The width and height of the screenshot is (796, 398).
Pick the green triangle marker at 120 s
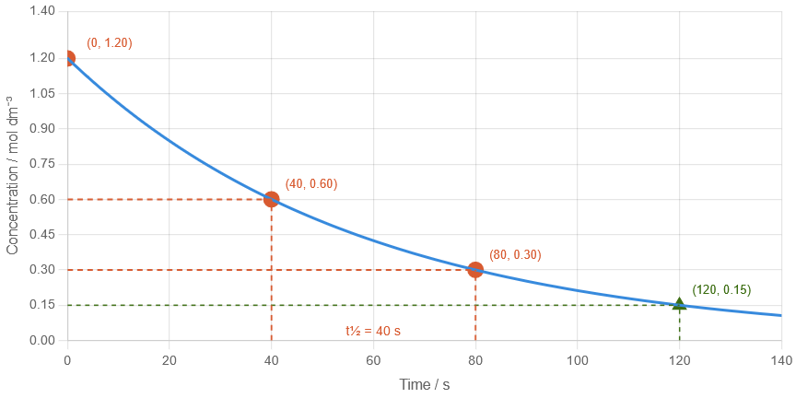pyautogui.click(x=679, y=304)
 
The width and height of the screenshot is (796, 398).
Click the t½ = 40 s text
pyautogui.click(x=373, y=331)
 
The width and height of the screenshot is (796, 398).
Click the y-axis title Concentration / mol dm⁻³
pyautogui.click(x=12, y=175)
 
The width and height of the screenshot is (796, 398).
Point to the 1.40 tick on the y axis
pyautogui.click(x=42, y=10)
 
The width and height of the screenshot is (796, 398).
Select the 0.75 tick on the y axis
pyautogui.click(x=42, y=164)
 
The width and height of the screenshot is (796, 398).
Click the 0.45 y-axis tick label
pyautogui.click(x=42, y=234)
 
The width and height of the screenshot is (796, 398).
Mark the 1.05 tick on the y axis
pyautogui.click(x=42, y=93)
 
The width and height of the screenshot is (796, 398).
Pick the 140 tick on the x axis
pyautogui.click(x=781, y=358)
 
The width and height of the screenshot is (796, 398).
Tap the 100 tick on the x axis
pyautogui.click(x=577, y=358)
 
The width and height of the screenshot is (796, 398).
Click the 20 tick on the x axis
pyautogui.click(x=169, y=358)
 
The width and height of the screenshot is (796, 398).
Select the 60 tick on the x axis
pyautogui.click(x=372, y=358)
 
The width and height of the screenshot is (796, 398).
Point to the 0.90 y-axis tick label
pyautogui.click(x=42, y=128)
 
